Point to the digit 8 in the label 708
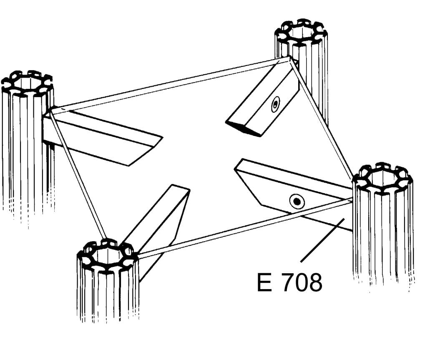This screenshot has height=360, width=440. (315, 282)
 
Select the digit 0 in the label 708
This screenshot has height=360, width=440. (301, 282)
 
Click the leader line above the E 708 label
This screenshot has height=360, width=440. (322, 240)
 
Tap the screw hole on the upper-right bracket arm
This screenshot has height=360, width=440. (276, 104)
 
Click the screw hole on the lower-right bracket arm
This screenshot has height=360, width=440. (297, 201)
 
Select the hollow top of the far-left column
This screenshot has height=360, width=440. (27, 83)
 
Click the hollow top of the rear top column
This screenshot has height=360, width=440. (301, 31)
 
